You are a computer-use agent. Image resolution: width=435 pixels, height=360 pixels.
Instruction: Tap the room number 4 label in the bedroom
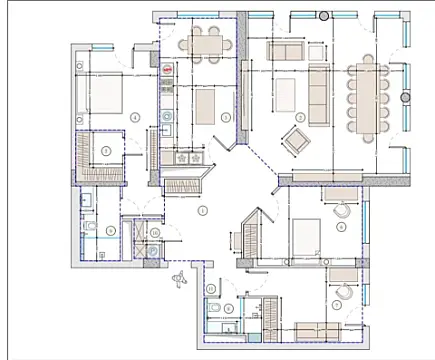pyautogui.click(x=134, y=117)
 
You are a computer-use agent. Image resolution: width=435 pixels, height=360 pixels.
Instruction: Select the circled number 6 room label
pyautogui.click(x=342, y=227)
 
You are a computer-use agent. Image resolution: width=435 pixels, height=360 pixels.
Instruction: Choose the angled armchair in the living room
pyautogui.click(x=297, y=138)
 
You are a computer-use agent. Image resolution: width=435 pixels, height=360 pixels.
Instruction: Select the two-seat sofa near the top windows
pyautogui.click(x=285, y=52)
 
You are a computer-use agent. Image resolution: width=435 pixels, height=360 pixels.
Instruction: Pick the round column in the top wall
pyautogui.click(x=323, y=16)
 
